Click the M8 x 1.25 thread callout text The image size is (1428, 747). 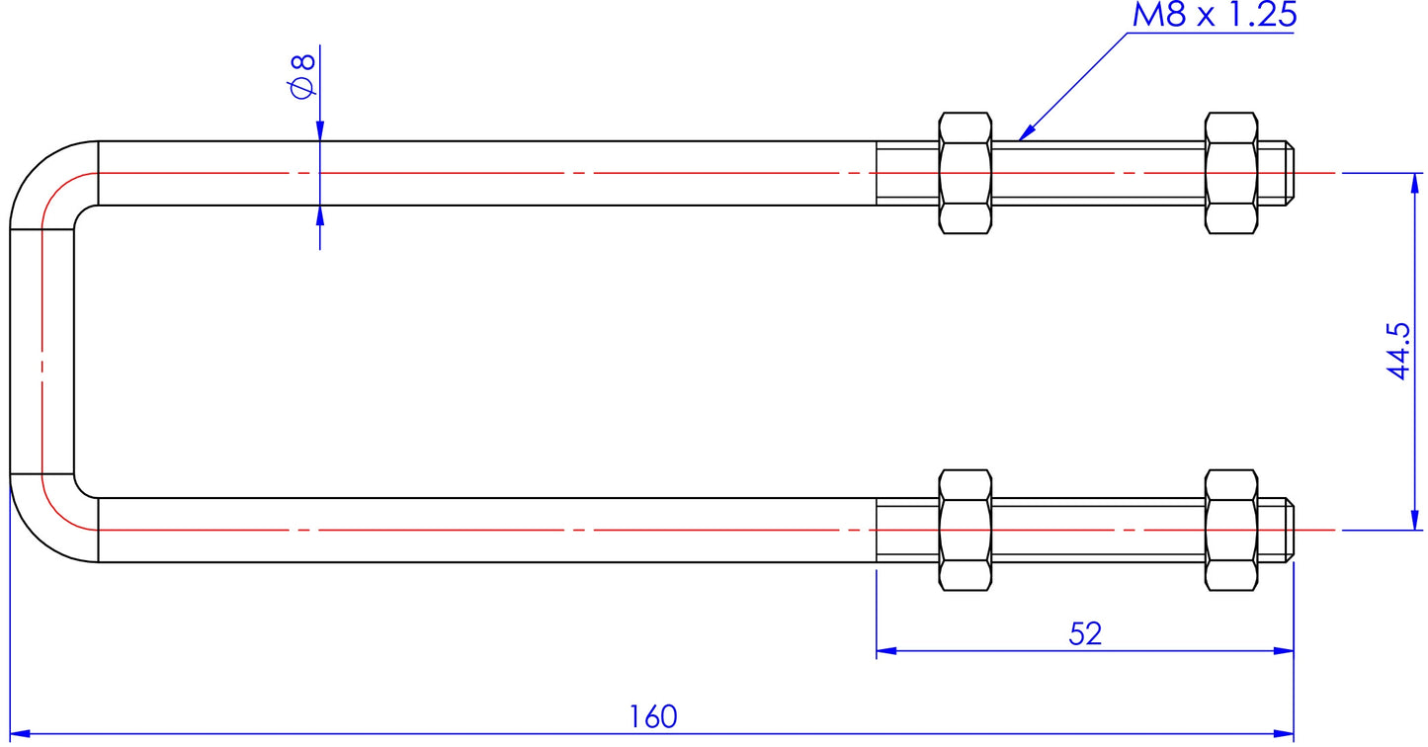(x=1215, y=16)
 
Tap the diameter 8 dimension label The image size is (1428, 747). (x=302, y=76)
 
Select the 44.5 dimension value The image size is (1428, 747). (x=1399, y=350)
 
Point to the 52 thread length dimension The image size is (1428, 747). (x=1085, y=634)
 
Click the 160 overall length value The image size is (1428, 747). (x=653, y=716)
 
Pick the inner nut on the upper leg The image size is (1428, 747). (x=965, y=173)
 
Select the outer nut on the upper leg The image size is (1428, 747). (x=1231, y=173)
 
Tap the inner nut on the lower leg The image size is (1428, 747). (x=965, y=531)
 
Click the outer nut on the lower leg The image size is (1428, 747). (x=1231, y=531)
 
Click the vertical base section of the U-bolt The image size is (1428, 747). (x=42, y=352)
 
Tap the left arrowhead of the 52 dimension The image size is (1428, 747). (x=885, y=651)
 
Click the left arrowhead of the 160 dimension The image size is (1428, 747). (x=19, y=734)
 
